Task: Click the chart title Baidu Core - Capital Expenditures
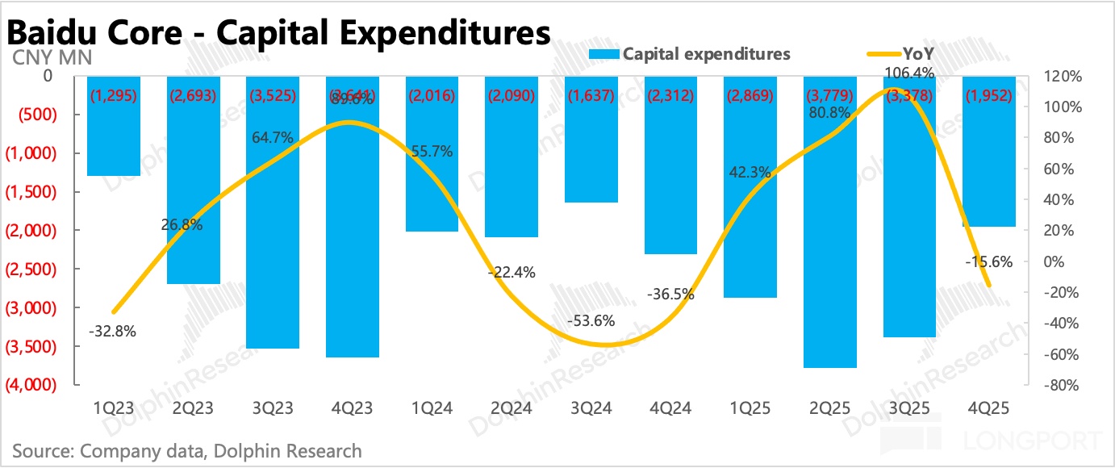pyautogui.click(x=279, y=33)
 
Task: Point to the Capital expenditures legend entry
pyautogui.click(x=690, y=54)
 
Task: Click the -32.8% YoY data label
pyautogui.click(x=112, y=330)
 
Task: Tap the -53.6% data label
pyautogui.click(x=591, y=320)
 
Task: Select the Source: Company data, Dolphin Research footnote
pyautogui.click(x=187, y=450)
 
